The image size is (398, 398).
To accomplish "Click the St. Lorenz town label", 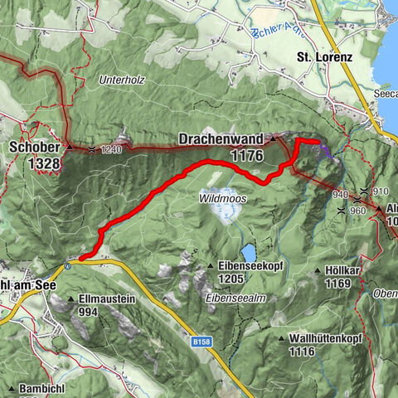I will point(325,58).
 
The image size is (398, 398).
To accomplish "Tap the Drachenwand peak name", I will point(220,138).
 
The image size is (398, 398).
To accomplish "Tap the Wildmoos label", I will point(222,199).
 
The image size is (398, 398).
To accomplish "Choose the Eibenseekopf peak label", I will point(248,265).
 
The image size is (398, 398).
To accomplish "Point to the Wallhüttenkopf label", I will point(325,338).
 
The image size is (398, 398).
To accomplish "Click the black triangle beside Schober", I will point(70,148).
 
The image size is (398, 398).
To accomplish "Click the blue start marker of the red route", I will point(81,259).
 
